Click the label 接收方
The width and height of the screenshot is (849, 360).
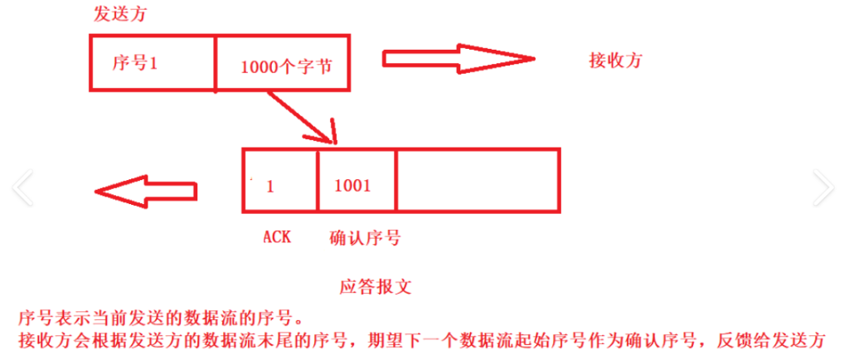(615, 60)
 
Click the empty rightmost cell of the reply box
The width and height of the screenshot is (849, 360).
(478, 180)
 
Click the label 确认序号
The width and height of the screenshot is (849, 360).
(365, 237)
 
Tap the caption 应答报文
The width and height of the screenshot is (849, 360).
(376, 288)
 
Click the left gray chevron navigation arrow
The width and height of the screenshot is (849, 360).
(22, 187)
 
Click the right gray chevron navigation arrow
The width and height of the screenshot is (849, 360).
(823, 187)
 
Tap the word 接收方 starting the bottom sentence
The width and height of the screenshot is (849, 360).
(39, 340)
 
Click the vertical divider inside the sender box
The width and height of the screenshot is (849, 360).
(216, 62)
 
